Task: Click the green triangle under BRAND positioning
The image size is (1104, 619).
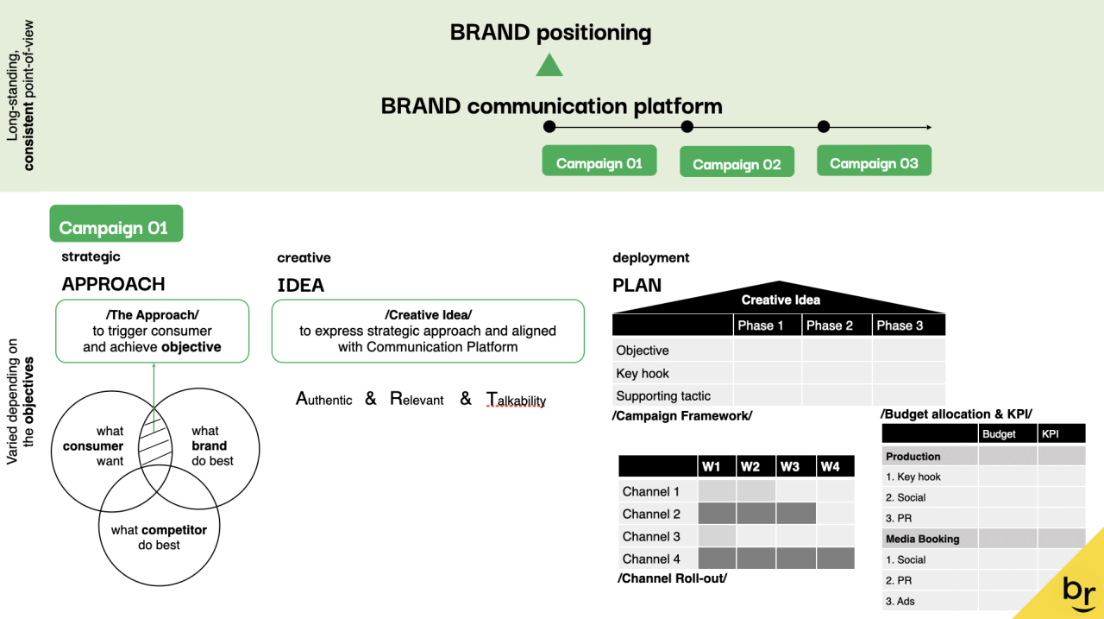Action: coord(549,66)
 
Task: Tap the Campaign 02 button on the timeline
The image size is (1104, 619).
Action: coord(737,164)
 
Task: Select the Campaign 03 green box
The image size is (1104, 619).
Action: coord(874,163)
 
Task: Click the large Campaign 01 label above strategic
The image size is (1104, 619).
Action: coord(116,228)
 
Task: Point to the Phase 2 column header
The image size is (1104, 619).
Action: coord(829,325)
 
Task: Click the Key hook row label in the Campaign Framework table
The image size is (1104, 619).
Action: coord(643,373)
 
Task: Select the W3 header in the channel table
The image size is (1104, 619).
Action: coord(789,466)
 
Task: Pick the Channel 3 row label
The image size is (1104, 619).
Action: coord(651,536)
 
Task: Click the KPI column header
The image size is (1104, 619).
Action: coord(1050,434)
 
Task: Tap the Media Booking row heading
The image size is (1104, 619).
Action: coord(922,539)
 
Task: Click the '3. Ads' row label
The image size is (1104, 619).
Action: coord(900,601)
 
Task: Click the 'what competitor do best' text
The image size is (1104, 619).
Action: coord(159,537)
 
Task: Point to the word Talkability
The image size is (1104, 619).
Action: coord(517,399)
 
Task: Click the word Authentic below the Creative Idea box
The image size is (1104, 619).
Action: coord(324,399)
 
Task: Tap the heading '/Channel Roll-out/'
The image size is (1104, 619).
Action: coord(672,578)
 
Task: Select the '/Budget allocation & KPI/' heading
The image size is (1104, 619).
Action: coord(956,414)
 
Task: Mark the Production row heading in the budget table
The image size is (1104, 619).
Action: coord(913,456)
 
